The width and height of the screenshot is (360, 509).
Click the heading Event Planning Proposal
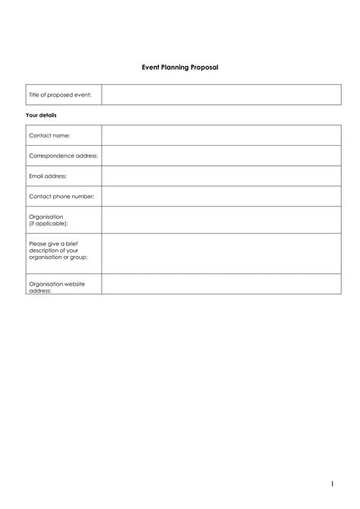180,68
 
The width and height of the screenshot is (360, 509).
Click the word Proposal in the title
204,68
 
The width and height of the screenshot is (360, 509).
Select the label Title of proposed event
60,95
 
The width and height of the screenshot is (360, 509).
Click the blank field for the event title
221,95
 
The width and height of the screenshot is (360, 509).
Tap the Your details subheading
41,115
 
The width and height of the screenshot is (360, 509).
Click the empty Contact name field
221,135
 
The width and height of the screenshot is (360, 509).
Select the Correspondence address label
63,156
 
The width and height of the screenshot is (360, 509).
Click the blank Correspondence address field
221,156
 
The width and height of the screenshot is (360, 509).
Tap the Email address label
48,176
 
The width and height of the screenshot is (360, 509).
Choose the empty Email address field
221,176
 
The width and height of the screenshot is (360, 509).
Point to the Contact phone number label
62,197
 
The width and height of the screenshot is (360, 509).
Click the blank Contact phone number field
221,197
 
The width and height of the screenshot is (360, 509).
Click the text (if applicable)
49,224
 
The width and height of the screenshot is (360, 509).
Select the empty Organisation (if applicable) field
221,220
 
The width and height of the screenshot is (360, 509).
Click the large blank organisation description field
221,254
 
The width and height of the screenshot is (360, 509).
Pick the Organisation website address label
56,286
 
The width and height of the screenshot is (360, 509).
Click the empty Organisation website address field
221,284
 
